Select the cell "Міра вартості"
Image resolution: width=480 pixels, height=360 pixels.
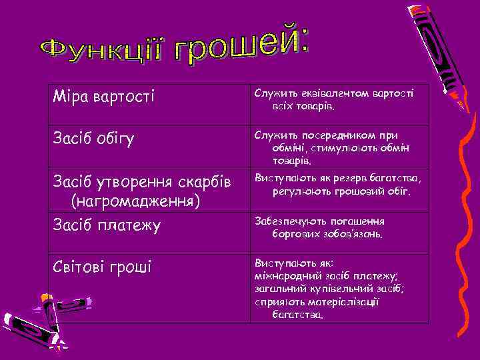tap(103, 97)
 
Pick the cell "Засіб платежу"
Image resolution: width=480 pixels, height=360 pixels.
tap(107, 225)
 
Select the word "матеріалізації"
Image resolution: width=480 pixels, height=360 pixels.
tap(349, 301)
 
